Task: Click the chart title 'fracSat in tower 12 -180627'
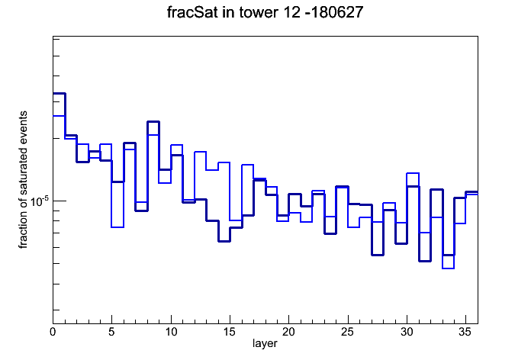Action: click(x=265, y=12)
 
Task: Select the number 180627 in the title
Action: click(x=339, y=12)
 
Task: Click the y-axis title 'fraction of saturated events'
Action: click(x=23, y=180)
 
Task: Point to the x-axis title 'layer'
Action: click(x=265, y=343)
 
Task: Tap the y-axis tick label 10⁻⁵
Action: click(x=40, y=201)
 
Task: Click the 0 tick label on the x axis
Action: click(x=53, y=332)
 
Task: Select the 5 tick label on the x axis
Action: click(x=111, y=332)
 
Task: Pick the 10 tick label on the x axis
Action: click(x=171, y=332)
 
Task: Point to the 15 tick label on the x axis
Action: click(x=230, y=332)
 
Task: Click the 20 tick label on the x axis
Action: click(x=288, y=332)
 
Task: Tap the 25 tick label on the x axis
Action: click(x=347, y=332)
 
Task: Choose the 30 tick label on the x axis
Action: click(x=407, y=332)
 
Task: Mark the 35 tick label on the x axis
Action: click(x=465, y=332)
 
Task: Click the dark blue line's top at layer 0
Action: click(x=59, y=93)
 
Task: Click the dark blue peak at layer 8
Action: click(x=153, y=121)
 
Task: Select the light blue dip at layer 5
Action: click(x=117, y=227)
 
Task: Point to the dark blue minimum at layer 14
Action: click(x=224, y=242)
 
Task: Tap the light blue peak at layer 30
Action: click(x=413, y=173)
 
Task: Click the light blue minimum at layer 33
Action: click(x=449, y=268)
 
